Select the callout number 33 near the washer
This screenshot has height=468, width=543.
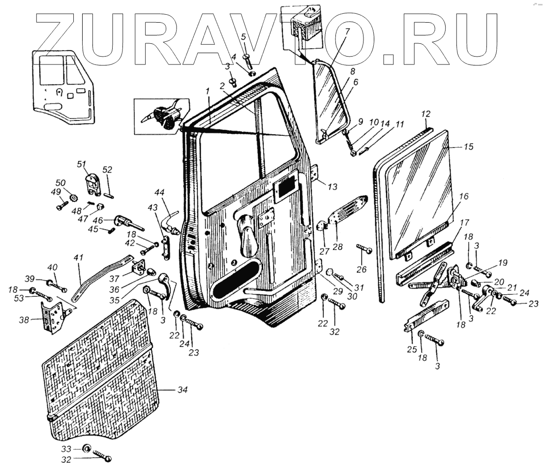[66, 449]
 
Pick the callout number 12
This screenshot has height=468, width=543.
[426, 114]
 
